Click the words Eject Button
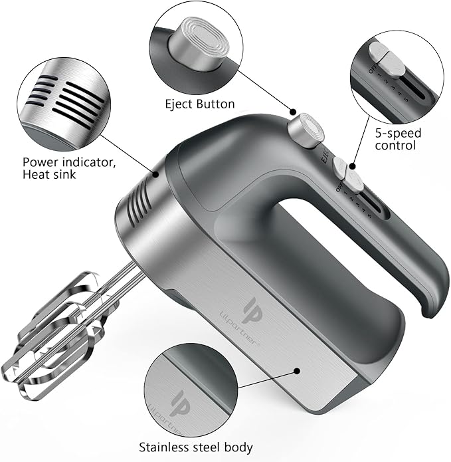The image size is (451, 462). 200,104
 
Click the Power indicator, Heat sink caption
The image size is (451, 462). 63,168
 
